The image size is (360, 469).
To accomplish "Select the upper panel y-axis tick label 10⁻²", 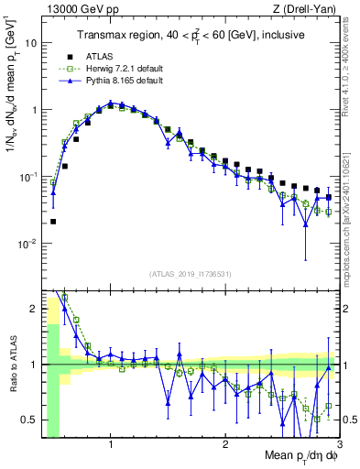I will pos(27,244).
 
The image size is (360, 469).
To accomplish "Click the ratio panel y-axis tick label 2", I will pos(34,309).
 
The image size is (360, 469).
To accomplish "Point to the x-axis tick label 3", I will pos(339,444).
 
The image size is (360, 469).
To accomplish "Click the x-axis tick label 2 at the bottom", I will pos(225,444).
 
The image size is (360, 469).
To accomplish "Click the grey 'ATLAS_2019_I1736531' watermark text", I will pos(191,274).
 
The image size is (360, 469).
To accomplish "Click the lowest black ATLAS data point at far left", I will pos(53,221).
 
